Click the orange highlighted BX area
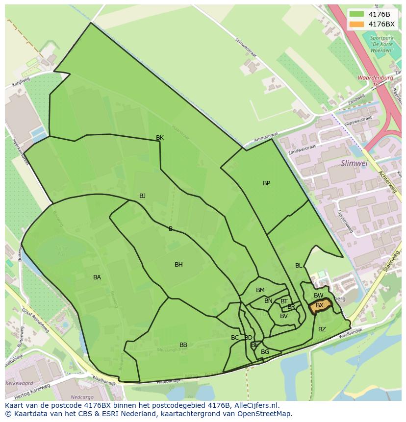320,306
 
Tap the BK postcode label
160,138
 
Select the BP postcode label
266,183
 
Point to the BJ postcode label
142,196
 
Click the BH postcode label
178,265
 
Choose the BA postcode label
97,277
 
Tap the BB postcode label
183,345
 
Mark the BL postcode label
299,266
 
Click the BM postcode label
260,290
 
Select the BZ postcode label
322,329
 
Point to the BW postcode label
319,296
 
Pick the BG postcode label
265,352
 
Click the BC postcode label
235,338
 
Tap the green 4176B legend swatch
357,14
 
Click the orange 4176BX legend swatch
357,24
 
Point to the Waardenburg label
375,78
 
